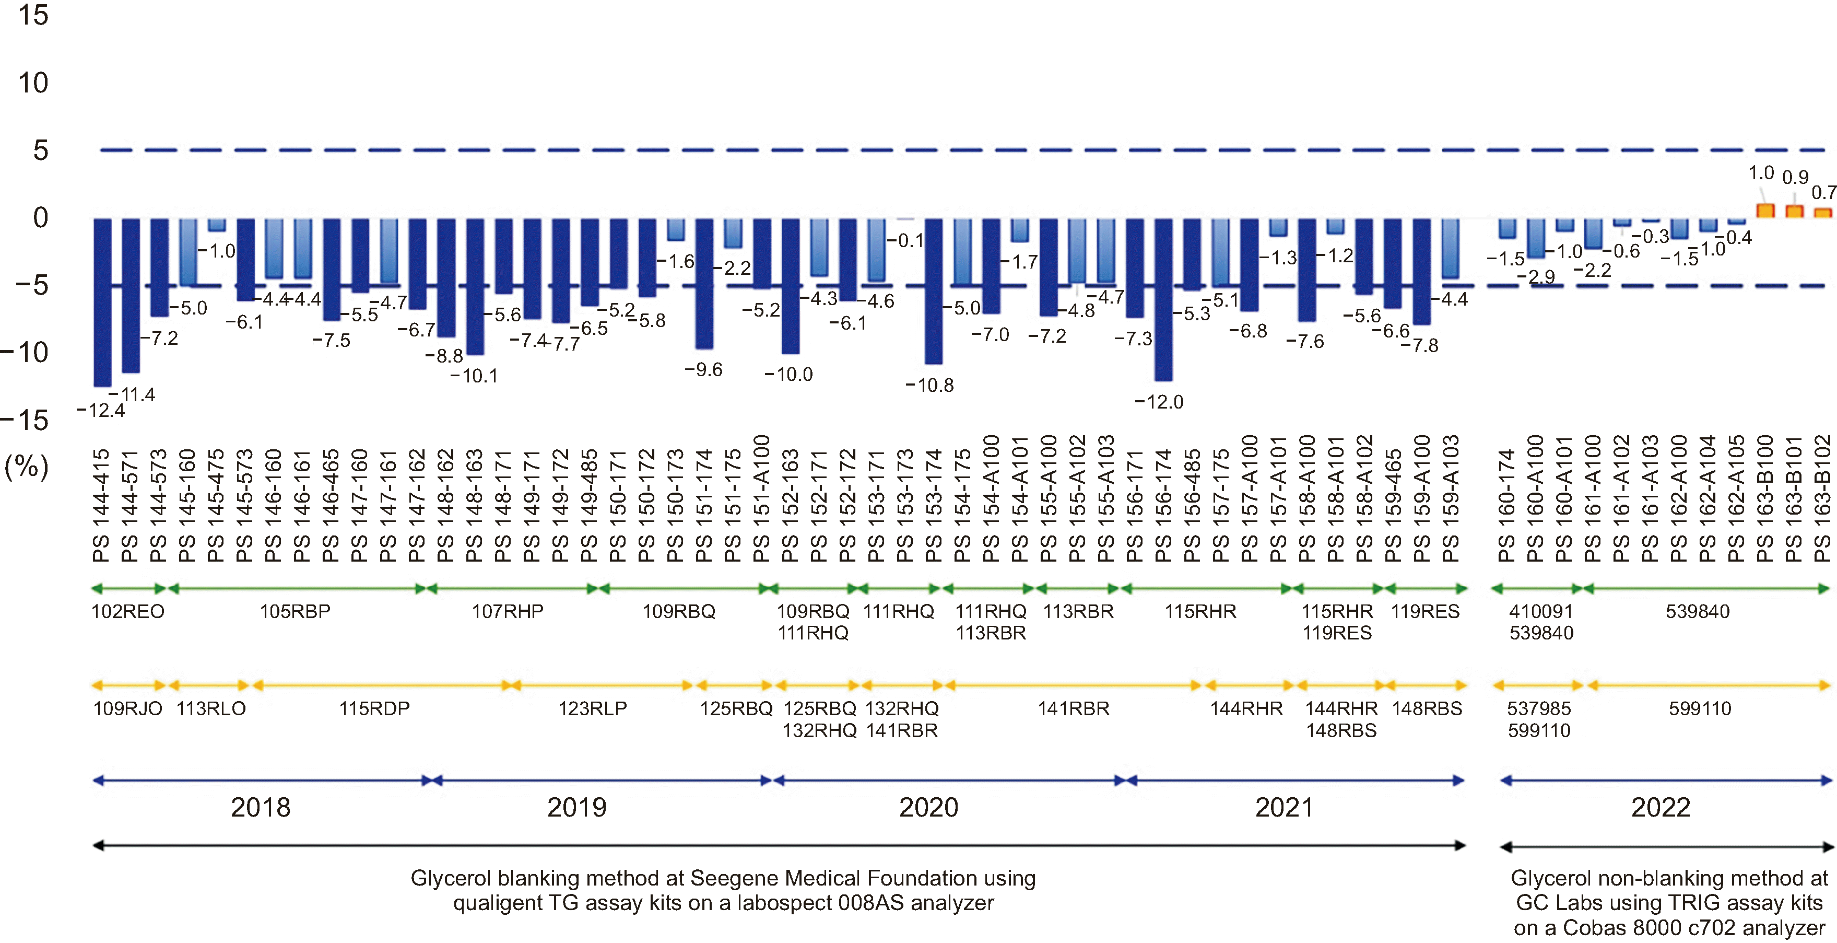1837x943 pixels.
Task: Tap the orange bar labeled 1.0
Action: pos(1765,211)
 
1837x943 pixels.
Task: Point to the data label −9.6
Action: pos(703,369)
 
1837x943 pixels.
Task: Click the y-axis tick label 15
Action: pos(33,15)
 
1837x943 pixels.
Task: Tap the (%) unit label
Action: pos(27,467)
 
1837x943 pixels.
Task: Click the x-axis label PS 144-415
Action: pos(101,505)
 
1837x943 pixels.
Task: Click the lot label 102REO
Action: pos(127,611)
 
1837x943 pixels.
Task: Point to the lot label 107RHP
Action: pos(507,611)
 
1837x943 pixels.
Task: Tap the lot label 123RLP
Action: pos(592,708)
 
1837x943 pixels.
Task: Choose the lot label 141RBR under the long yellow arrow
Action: pos(1073,708)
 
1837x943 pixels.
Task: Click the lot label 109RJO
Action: pos(127,708)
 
